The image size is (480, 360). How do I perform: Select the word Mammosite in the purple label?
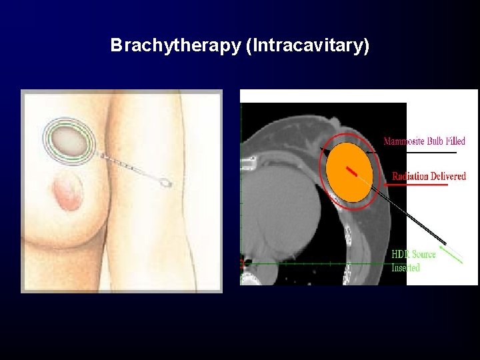pyautogui.click(x=405, y=141)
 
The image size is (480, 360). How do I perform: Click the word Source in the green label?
pyautogui.click(x=423, y=254)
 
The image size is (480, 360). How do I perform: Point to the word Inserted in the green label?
pyautogui.click(x=405, y=267)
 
